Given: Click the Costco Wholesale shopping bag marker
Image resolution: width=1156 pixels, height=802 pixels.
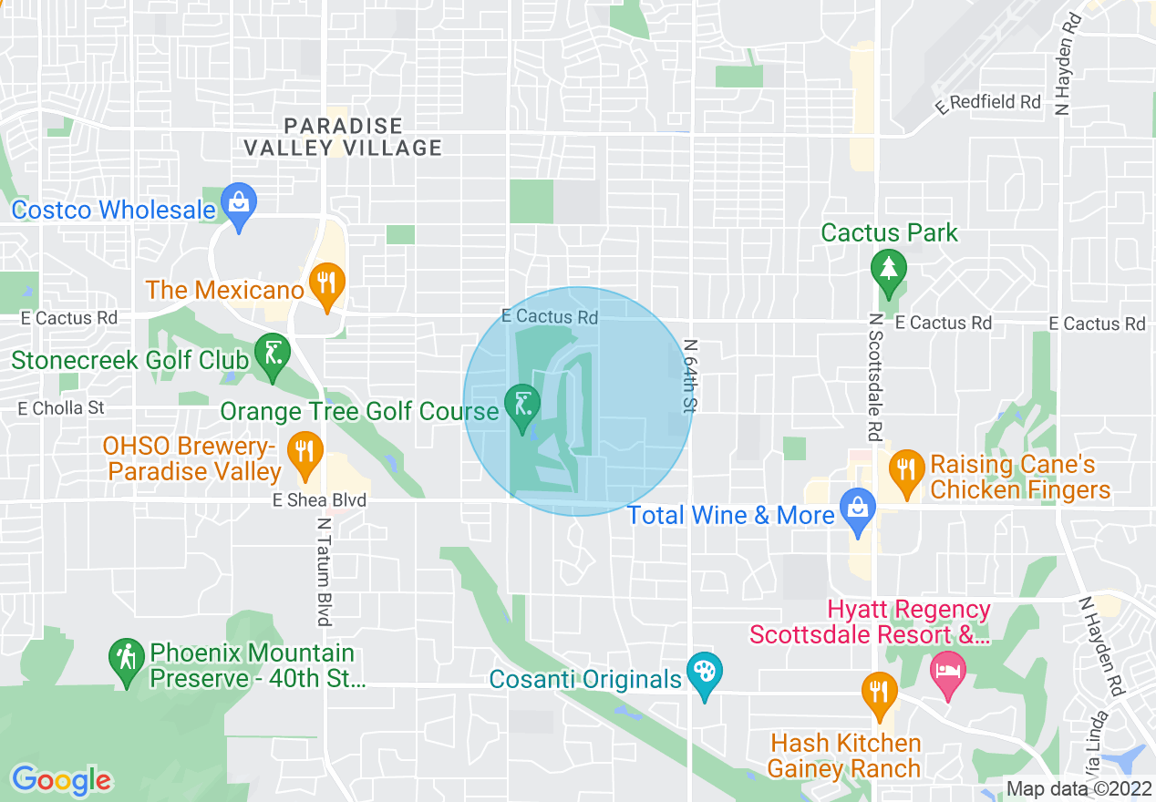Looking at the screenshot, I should (239, 205).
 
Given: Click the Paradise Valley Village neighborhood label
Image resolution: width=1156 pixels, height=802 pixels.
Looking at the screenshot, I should (343, 137).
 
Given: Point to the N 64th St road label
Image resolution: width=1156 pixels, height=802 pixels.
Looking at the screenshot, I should (689, 375).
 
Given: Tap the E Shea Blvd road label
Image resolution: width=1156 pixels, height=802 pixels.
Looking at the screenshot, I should (319, 500).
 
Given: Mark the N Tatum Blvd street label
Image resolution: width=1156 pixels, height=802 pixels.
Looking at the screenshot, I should (324, 571).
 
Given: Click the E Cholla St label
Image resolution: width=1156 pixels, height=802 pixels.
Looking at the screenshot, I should (61, 408).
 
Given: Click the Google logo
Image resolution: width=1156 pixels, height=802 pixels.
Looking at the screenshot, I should (61, 780).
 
